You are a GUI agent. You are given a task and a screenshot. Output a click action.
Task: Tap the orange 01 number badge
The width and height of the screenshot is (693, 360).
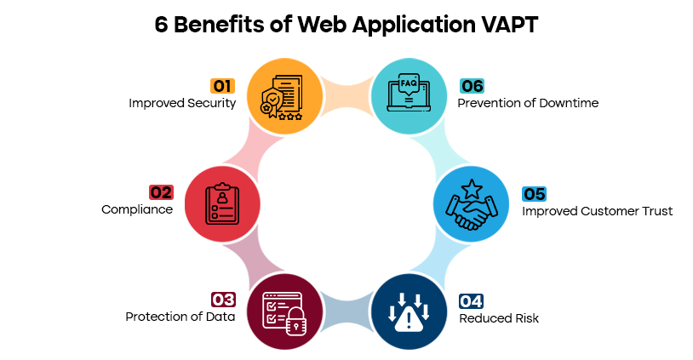coord(222,86)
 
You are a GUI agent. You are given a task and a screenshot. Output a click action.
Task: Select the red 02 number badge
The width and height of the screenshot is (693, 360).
coord(161,192)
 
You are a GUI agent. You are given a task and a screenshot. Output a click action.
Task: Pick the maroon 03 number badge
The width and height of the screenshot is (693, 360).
coord(222,300)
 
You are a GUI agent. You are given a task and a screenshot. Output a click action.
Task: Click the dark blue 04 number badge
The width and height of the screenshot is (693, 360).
coord(471,301)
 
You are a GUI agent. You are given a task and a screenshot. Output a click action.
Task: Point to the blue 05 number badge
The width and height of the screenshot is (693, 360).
coord(533,194)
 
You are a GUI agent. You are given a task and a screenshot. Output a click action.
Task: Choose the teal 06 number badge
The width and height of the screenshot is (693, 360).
coord(472,86)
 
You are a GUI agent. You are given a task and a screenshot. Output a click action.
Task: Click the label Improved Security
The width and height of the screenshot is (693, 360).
coord(182,103)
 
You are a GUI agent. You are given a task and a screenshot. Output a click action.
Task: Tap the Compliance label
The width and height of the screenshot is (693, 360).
coord(137,209)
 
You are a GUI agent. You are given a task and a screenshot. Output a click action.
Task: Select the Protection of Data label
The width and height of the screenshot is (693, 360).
coord(180,317)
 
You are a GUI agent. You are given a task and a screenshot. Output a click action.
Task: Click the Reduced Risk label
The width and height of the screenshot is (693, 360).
coord(499,318)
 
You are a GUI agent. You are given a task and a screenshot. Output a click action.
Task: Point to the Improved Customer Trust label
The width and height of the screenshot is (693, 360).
coord(597,211)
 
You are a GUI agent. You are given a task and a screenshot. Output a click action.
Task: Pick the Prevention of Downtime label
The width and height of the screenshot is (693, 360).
coord(528,103)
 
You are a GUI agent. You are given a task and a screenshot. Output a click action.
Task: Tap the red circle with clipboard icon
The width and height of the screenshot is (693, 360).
coord(221,203)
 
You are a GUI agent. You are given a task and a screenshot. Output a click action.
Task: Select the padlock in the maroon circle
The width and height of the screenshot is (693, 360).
coord(295,321)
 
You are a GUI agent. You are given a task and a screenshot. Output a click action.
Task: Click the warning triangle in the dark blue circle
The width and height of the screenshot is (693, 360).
coord(409,318)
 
